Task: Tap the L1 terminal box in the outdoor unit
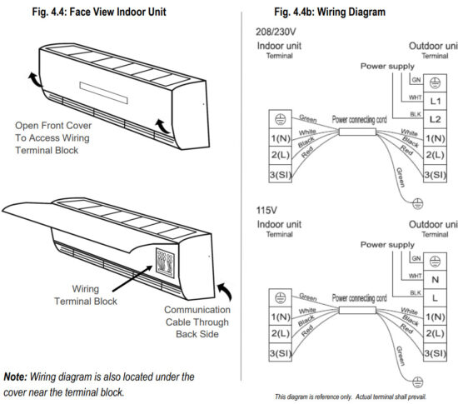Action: [x=438, y=100]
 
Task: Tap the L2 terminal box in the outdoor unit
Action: [x=438, y=120]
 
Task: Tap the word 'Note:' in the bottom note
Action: [x=18, y=377]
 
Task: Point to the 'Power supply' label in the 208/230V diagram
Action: [x=386, y=65]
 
